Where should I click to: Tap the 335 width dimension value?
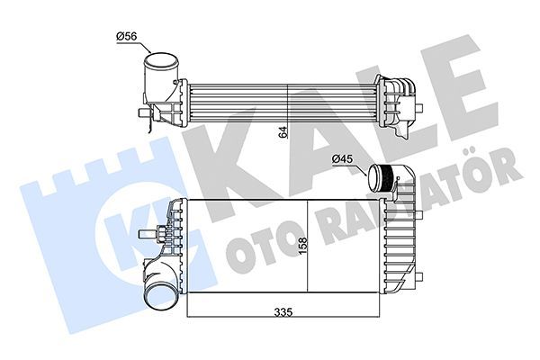285,312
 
